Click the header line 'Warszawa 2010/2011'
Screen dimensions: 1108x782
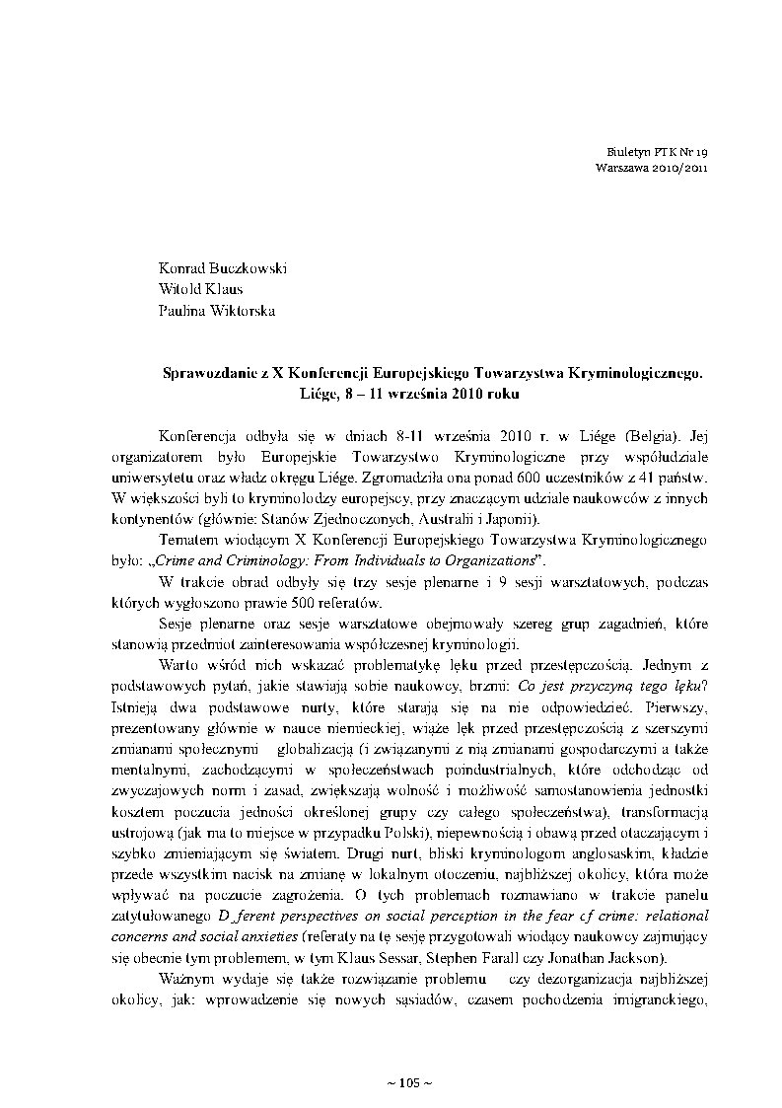click(652, 169)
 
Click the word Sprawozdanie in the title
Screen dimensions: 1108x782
click(209, 374)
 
